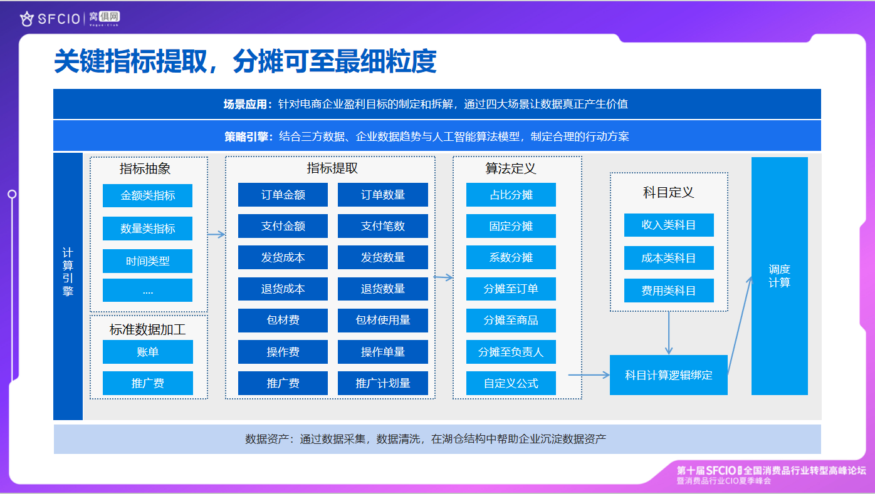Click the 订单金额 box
click(283, 195)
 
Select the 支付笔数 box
click(383, 226)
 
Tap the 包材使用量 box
click(383, 321)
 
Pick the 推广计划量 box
click(383, 383)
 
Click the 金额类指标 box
click(148, 195)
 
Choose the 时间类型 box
click(148, 261)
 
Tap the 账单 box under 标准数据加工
click(148, 352)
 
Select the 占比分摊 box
click(511, 195)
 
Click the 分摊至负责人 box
click(511, 352)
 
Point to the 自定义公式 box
click(511, 383)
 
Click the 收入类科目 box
click(669, 225)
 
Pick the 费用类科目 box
click(669, 291)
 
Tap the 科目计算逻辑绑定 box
click(668, 375)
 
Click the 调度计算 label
click(779, 276)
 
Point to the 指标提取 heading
click(332, 168)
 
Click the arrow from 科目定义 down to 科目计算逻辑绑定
click(669, 333)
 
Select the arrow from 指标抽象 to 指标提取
click(216, 235)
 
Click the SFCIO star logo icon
click(27, 19)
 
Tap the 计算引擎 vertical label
click(68, 272)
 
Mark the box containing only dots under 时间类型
click(148, 291)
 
